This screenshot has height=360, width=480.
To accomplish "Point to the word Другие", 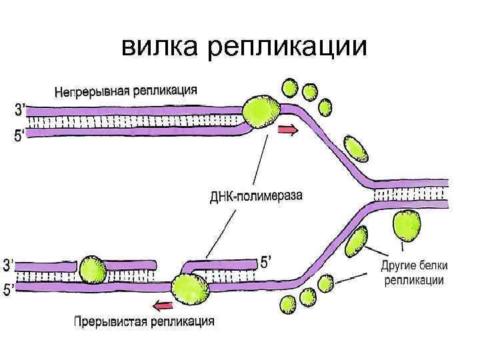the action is (x=401, y=265).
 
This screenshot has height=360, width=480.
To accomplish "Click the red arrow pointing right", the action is (x=288, y=131).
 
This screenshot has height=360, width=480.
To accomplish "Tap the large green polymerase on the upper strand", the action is (x=261, y=111).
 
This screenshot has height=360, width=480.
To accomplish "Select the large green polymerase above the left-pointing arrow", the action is (x=190, y=287).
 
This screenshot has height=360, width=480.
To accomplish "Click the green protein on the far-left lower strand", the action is (x=93, y=271).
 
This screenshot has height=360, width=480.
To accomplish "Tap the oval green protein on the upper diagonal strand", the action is (x=355, y=149).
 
